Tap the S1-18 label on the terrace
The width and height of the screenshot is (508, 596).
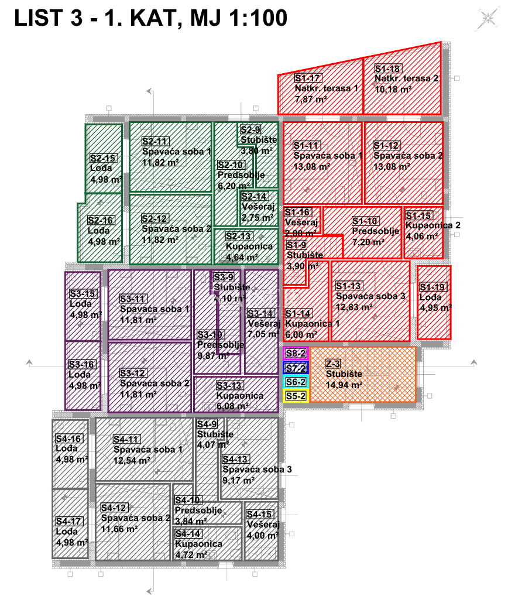(x=387, y=68)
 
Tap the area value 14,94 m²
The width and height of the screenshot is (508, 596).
(x=344, y=385)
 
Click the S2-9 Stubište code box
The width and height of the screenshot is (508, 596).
(x=250, y=130)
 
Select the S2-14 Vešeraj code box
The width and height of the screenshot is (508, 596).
(x=254, y=197)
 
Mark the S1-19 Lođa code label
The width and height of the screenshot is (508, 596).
(x=433, y=287)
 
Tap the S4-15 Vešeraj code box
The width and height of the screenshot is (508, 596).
(x=259, y=514)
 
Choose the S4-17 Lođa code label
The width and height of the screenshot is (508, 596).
(x=69, y=521)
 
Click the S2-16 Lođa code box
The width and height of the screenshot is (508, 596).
(x=101, y=220)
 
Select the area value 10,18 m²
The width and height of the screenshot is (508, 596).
(x=392, y=88)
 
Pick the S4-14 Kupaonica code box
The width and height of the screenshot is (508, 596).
(x=188, y=533)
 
